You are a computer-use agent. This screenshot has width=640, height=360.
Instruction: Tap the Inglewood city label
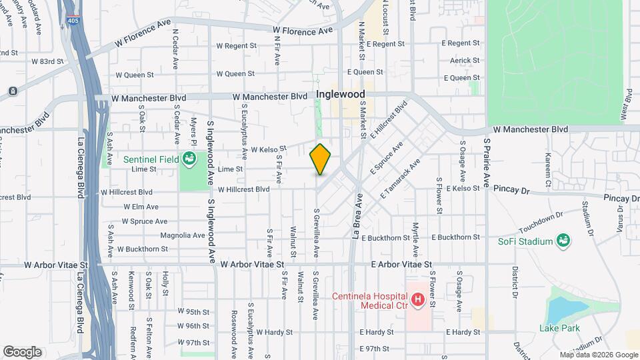[x=340, y=95]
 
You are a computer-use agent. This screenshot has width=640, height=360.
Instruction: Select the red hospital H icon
[x=418, y=301]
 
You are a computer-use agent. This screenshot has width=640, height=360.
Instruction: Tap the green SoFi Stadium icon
[x=563, y=241]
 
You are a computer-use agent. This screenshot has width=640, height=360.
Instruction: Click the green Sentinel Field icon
[x=189, y=159]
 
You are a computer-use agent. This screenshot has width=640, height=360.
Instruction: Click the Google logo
[x=22, y=351]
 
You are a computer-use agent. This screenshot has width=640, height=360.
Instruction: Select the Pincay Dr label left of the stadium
[x=511, y=191]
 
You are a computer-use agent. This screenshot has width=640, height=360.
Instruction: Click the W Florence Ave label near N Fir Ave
[x=302, y=31]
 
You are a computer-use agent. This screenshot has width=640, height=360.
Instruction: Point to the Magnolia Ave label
[x=183, y=235]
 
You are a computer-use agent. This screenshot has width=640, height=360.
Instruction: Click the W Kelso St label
[x=269, y=149]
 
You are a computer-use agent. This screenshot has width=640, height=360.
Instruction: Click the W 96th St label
[x=193, y=326]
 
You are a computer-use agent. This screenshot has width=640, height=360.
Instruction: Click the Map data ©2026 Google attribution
[x=598, y=355]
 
